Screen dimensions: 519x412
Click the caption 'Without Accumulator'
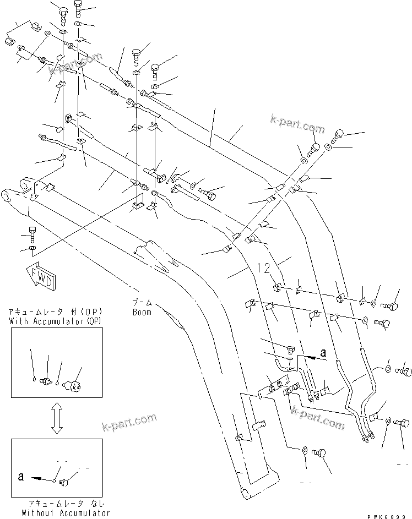pyautogui.click(x=66, y=513)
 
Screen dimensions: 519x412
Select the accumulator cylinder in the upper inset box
pyautogui.click(x=73, y=384)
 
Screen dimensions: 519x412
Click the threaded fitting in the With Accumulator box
pyautogui.click(x=47, y=382)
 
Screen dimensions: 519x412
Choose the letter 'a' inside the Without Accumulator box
pyautogui.click(x=20, y=478)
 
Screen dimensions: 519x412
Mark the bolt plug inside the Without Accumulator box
pyautogui.click(x=63, y=483)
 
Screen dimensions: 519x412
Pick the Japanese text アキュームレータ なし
pyautogui.click(x=64, y=504)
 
